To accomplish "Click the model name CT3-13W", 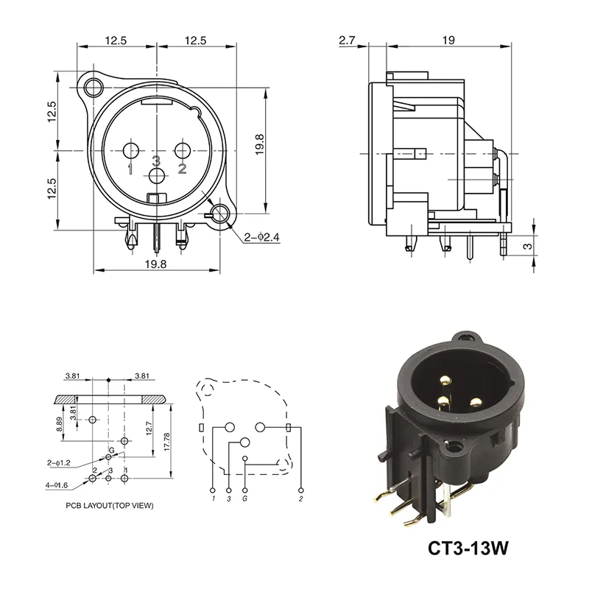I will (x=470, y=549).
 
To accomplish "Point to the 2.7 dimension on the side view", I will (x=348, y=41).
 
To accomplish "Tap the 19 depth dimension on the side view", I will (x=448, y=41).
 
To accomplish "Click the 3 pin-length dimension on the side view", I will (x=526, y=247).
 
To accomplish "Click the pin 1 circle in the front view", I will (x=132, y=152).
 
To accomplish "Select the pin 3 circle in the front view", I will (x=157, y=176).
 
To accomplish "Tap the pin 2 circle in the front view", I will (x=182, y=152).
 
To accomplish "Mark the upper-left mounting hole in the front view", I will (x=93, y=89).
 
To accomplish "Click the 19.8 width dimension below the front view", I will (x=156, y=264).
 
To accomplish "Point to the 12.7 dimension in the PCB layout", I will (x=149, y=427).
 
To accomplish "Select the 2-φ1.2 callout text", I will (x=58, y=463).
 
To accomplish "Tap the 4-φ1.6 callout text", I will (x=58, y=485).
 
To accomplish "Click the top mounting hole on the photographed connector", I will (x=463, y=339).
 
